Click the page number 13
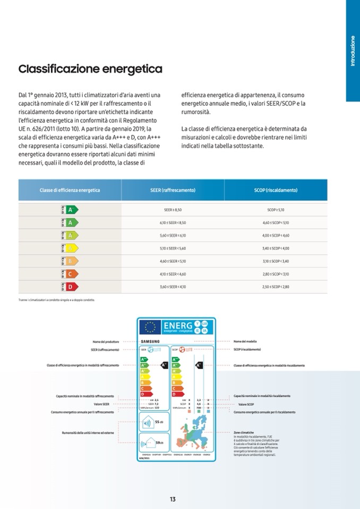[173, 499]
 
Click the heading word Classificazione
[58, 70]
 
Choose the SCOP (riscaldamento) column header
[276, 190]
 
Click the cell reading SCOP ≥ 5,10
[276, 210]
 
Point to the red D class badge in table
[70, 287]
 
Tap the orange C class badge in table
[70, 274]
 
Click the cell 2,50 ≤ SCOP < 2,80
[276, 287]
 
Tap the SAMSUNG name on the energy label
[150, 341]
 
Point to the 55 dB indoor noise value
[158, 422]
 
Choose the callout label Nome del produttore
[105, 341]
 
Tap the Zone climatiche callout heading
[244, 433]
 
